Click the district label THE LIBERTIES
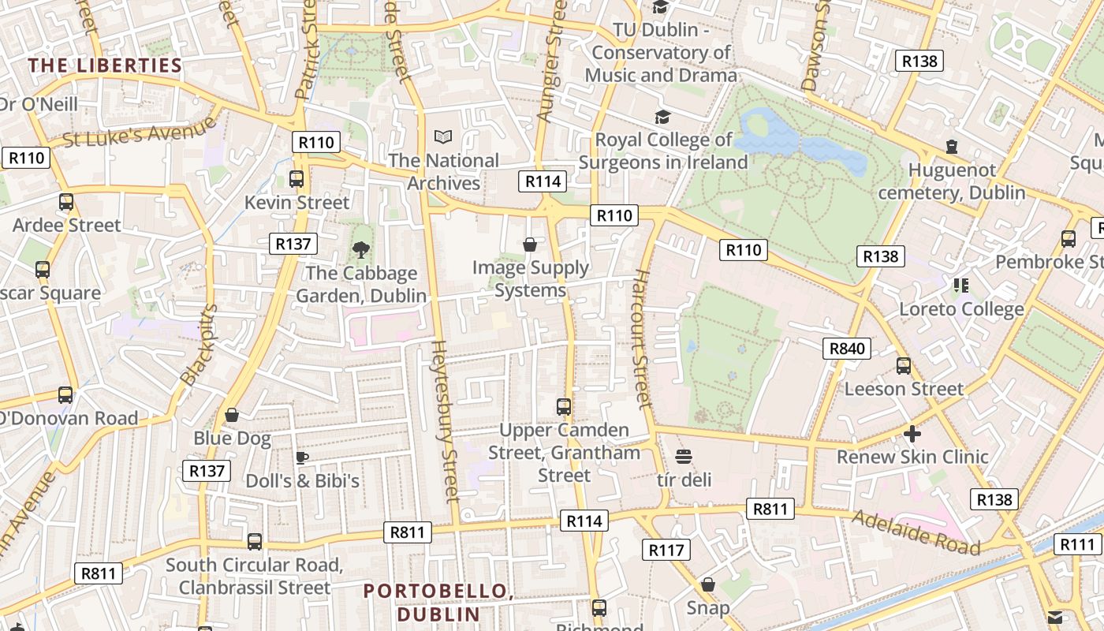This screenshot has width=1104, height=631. [105, 65]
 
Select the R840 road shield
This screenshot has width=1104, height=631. [848, 348]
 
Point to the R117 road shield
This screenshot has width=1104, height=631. [666, 550]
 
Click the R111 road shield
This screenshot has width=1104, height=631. [1077, 544]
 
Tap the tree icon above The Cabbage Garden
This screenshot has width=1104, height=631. [361, 250]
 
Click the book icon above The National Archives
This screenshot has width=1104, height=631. [444, 137]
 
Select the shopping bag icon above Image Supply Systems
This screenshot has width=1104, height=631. [530, 245]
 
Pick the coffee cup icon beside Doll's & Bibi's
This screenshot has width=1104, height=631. [301, 457]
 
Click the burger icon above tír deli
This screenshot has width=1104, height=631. [684, 457]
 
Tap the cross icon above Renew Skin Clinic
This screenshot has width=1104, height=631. [912, 434]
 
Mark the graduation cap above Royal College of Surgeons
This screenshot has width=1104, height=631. [662, 117]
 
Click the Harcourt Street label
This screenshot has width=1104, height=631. [642, 339]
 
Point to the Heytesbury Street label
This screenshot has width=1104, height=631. [446, 421]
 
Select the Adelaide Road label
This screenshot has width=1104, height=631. [916, 533]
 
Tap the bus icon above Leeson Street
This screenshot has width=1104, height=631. [904, 366]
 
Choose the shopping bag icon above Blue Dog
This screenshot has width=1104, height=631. [232, 415]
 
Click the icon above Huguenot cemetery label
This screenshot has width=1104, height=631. [952, 147]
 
